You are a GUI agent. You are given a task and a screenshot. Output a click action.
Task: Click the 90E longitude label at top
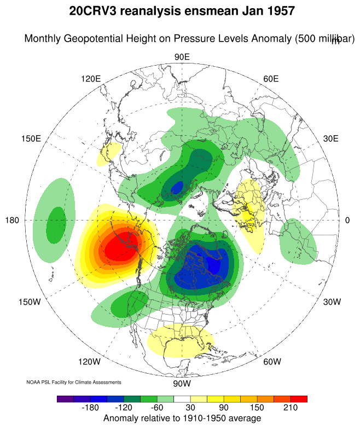[x=182, y=57]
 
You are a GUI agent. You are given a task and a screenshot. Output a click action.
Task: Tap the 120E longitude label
[x=90, y=79]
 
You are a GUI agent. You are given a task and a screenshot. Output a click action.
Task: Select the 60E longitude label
[x=271, y=79]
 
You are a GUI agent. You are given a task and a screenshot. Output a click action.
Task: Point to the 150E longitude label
[x=31, y=138]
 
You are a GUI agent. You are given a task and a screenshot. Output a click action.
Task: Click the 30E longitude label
[x=331, y=138]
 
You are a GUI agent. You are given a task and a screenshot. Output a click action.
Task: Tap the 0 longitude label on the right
[x=348, y=221]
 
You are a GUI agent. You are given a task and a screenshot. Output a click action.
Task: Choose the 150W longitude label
[x=30, y=302]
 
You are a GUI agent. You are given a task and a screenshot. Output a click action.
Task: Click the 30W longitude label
[x=332, y=302]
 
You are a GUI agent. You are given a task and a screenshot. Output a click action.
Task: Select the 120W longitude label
[x=89, y=362]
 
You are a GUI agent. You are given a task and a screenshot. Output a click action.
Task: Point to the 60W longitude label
[x=272, y=362]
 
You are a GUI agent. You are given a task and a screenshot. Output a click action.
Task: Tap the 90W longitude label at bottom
[x=181, y=384]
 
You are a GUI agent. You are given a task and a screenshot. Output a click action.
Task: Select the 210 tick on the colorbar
[x=290, y=408]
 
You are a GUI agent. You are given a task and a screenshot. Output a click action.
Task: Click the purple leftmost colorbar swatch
[x=64, y=399]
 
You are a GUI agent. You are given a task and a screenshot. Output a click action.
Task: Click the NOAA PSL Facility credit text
[x=74, y=382]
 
